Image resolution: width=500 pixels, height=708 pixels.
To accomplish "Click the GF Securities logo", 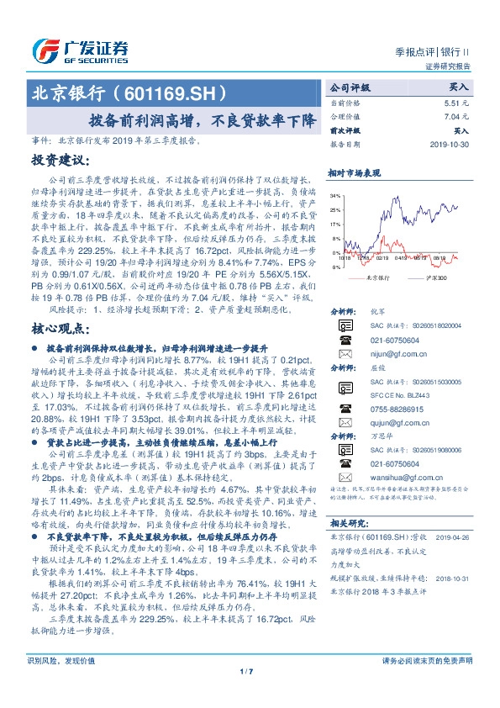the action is (x=80, y=49).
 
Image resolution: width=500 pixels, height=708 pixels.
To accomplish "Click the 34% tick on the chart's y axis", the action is (x=336, y=196).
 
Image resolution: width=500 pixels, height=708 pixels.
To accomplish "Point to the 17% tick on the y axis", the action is (x=336, y=225).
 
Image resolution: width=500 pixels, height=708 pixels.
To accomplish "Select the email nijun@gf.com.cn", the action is (x=387, y=354).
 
